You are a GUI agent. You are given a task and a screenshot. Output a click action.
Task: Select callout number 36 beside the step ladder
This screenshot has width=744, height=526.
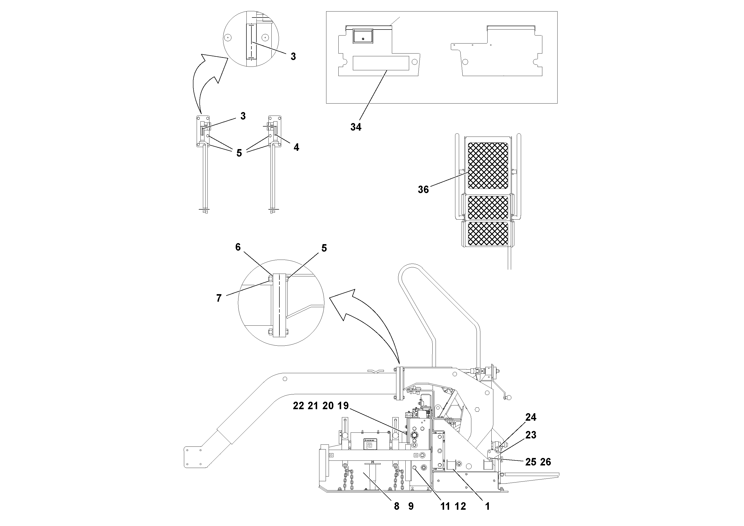pyautogui.click(x=423, y=189)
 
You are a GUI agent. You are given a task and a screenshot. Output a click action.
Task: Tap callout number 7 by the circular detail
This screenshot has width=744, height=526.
pyautogui.click(x=219, y=298)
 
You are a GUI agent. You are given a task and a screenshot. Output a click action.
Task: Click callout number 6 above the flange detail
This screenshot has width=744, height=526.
pyautogui.click(x=238, y=247)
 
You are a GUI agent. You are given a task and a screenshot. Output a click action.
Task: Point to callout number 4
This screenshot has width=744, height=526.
pyautogui.click(x=296, y=147)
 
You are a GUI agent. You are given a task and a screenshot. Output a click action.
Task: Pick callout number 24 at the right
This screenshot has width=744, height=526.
pyautogui.click(x=531, y=417)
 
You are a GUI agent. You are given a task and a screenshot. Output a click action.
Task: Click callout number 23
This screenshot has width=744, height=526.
pyautogui.click(x=531, y=435)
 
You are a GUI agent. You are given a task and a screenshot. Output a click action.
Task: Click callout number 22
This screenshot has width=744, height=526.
pyautogui.click(x=298, y=406)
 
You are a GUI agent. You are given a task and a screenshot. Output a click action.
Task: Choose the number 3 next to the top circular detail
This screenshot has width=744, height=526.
pyautogui.click(x=293, y=57)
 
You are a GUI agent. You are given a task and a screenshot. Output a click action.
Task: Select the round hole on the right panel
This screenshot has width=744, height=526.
pyautogui.click(x=465, y=62)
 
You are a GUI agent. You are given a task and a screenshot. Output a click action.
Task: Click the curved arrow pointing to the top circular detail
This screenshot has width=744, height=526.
pyautogui.click(x=207, y=81)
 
